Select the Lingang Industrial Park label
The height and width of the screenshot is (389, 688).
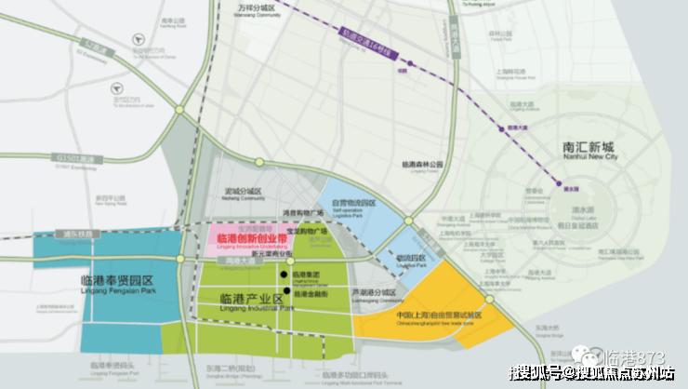251,300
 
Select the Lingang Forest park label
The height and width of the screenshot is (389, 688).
423,165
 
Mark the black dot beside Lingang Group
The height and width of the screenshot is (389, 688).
284,275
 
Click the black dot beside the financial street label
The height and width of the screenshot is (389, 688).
286,291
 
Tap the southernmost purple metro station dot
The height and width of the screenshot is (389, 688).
560,184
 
